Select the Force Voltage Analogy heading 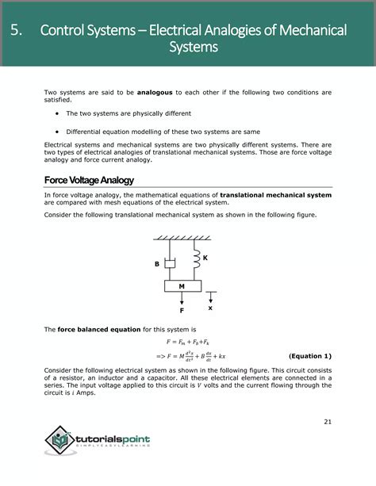pyautogui.click(x=89, y=180)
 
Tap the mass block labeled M pyautogui.click(x=182, y=285)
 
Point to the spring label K pyautogui.click(x=205, y=258)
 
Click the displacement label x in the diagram pyautogui.click(x=210, y=308)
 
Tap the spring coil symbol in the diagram pyautogui.click(x=194, y=258)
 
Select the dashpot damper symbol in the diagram pyautogui.click(x=169, y=262)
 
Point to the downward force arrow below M pyautogui.click(x=182, y=298)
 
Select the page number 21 pyautogui.click(x=328, y=421)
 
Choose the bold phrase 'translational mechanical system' pyautogui.click(x=275, y=194)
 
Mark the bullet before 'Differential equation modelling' pyautogui.click(x=58, y=132)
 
